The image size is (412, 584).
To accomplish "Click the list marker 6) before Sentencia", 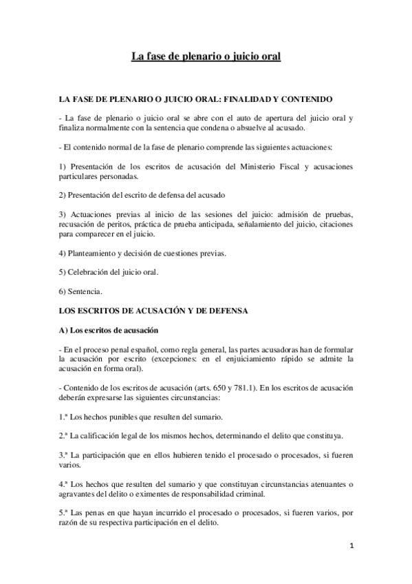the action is click(x=64, y=291).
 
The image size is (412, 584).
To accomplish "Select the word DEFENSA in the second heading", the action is click(x=224, y=311).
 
